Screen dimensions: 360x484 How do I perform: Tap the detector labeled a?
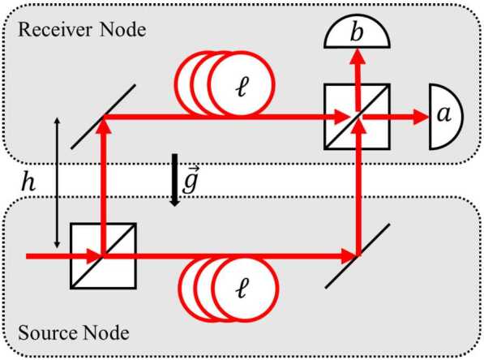(443, 117)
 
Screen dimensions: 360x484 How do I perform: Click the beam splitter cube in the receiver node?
(357, 117)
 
